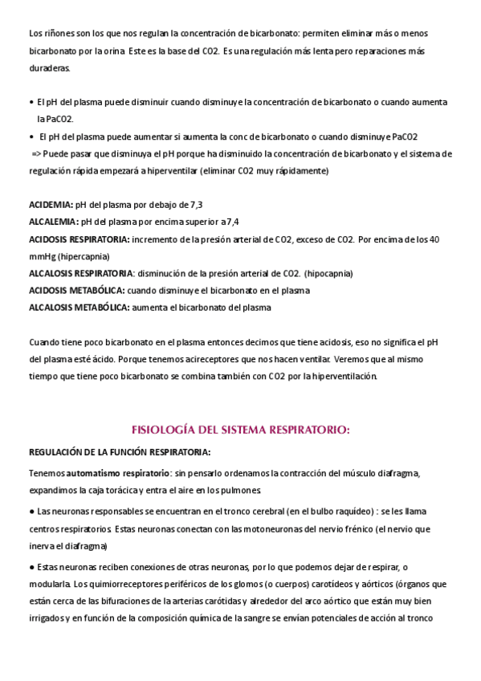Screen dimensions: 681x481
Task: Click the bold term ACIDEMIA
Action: (x=51, y=205)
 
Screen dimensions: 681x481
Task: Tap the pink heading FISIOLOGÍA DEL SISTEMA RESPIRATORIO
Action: (x=240, y=430)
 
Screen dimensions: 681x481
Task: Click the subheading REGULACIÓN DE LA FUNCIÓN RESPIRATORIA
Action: (x=120, y=451)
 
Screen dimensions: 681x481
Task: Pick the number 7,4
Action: (x=231, y=222)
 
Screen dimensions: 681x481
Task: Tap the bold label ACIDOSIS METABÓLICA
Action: (x=76, y=290)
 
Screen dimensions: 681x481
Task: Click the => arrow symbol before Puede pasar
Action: (x=36, y=153)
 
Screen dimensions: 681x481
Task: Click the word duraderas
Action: (x=49, y=67)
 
